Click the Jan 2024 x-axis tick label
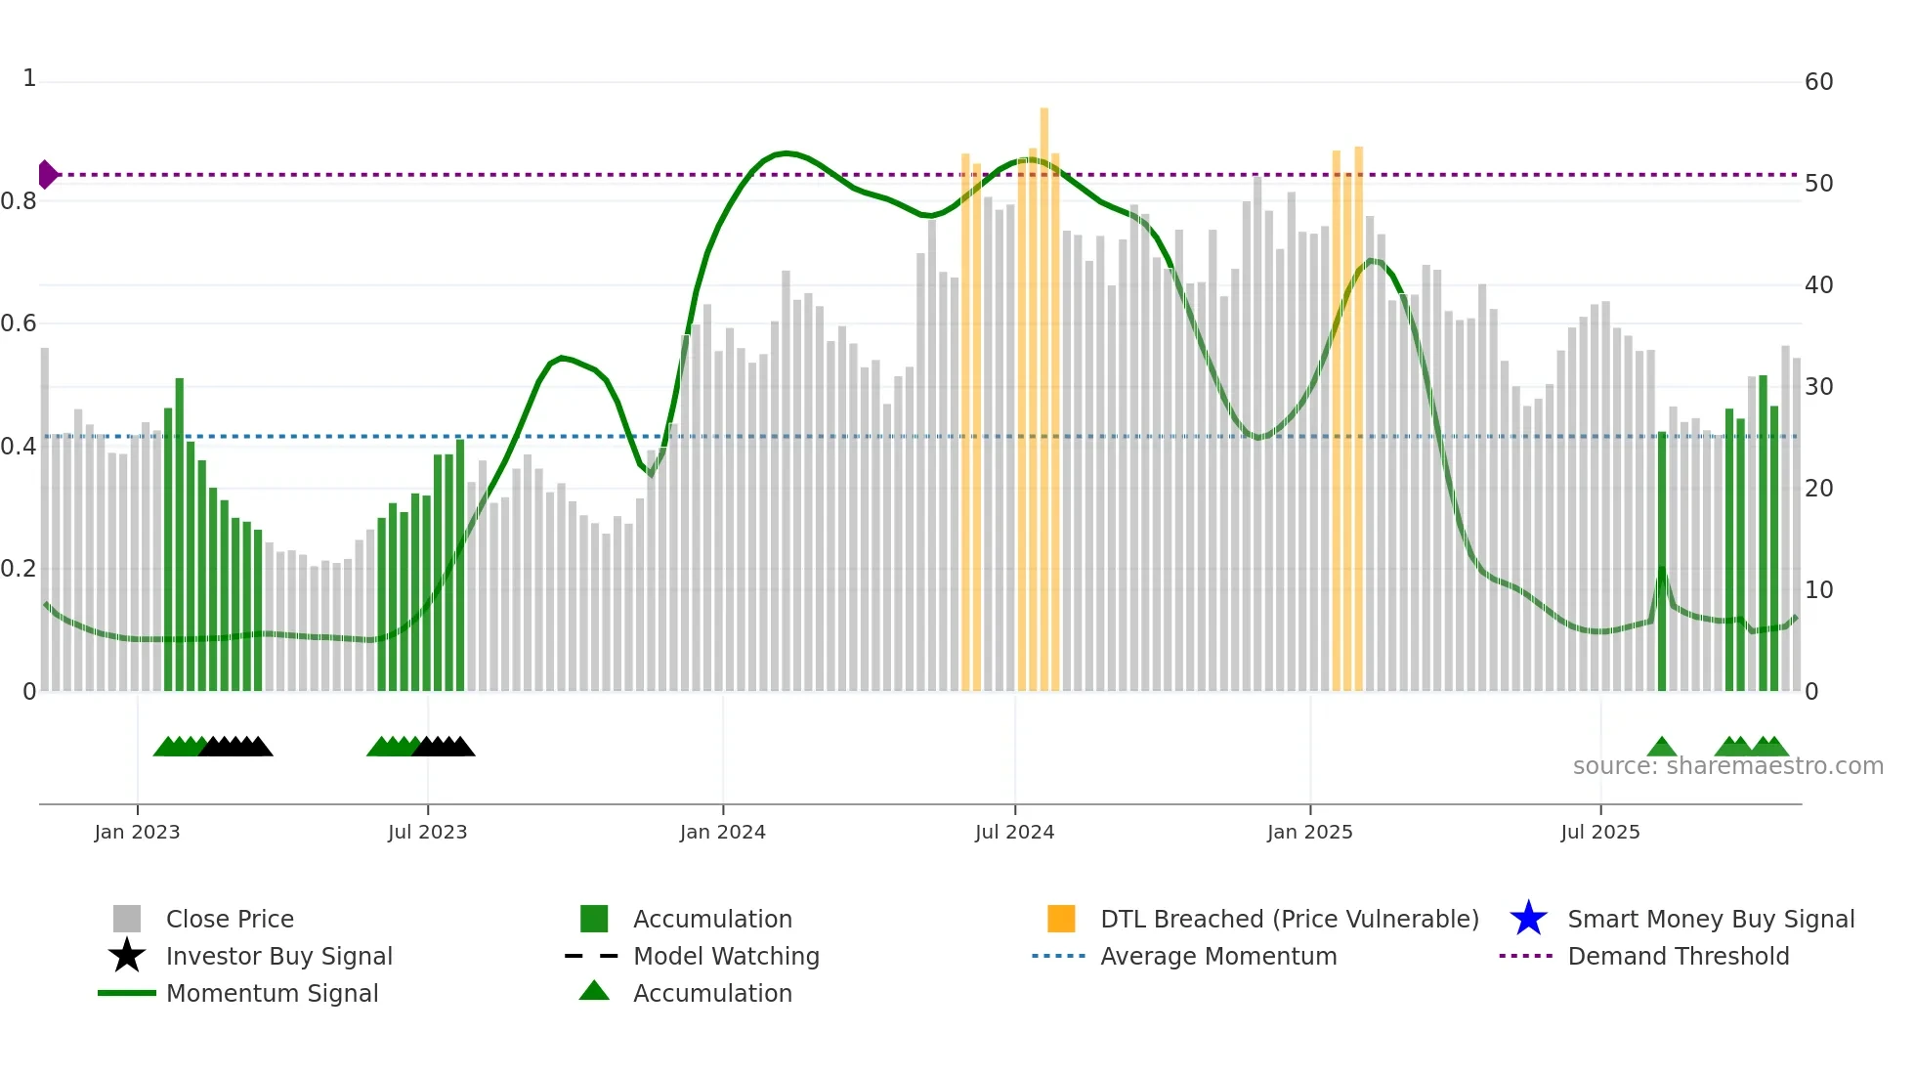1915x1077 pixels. pyautogui.click(x=722, y=832)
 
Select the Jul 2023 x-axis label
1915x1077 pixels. pyautogui.click(x=427, y=832)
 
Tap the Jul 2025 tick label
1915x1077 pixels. pyautogui.click(x=1599, y=832)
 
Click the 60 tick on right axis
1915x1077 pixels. pyautogui.click(x=1818, y=82)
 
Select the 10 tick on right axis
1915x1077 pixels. pyautogui.click(x=1818, y=590)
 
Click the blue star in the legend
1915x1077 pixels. pyautogui.click(x=1528, y=919)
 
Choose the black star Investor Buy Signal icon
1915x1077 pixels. pyautogui.click(x=127, y=956)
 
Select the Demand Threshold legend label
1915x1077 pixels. pyautogui.click(x=1678, y=956)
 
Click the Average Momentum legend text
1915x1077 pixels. pyautogui.click(x=1217, y=956)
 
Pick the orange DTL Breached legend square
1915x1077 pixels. pyautogui.click(x=1061, y=919)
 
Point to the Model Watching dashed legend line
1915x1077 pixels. pyautogui.click(x=592, y=956)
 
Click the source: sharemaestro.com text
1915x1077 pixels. pyautogui.click(x=1727, y=766)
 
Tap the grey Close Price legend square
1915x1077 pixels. pyautogui.click(x=127, y=919)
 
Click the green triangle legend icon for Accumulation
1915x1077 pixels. pyautogui.click(x=594, y=992)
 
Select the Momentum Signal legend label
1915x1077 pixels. pyautogui.click(x=272, y=993)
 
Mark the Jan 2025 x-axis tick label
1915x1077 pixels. pyautogui.click(x=1309, y=832)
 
